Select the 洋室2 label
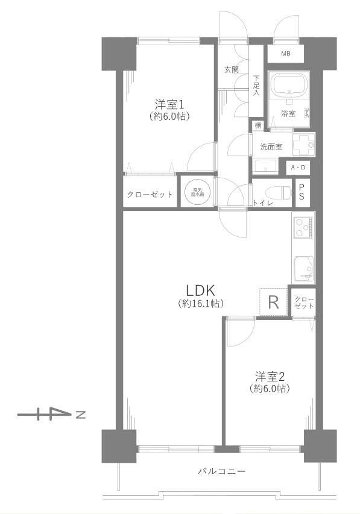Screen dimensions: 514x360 [270, 376]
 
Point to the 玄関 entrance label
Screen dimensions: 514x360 [232, 69]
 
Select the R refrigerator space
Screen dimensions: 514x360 [273, 302]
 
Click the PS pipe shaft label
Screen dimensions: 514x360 [302, 192]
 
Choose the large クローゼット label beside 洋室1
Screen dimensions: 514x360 [150, 194]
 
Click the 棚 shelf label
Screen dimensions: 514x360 [258, 125]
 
